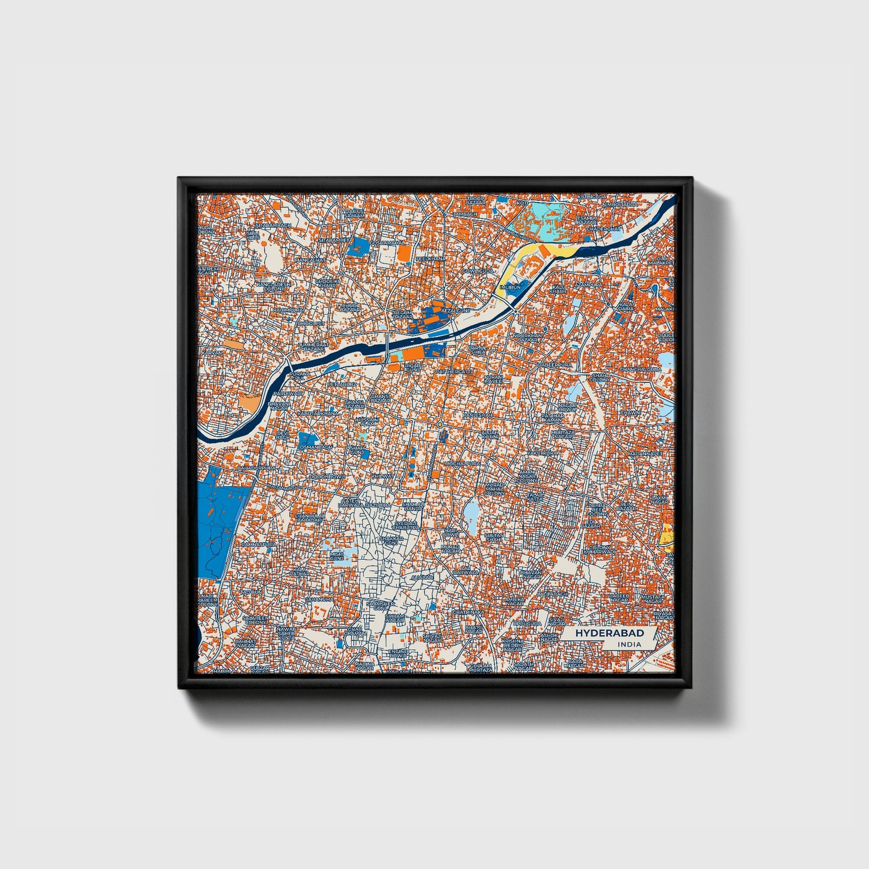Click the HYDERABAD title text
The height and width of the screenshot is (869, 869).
pos(609,633)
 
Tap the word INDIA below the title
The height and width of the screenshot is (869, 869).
pos(629,644)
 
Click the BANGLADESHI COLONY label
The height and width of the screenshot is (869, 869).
pos(274,285)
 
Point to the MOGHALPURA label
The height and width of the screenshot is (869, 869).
pos(463,464)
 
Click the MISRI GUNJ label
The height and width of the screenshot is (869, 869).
pos(337,556)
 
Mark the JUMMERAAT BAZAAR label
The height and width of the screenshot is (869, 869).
pos(313,346)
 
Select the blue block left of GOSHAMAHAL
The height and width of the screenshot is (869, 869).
pos(362,247)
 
